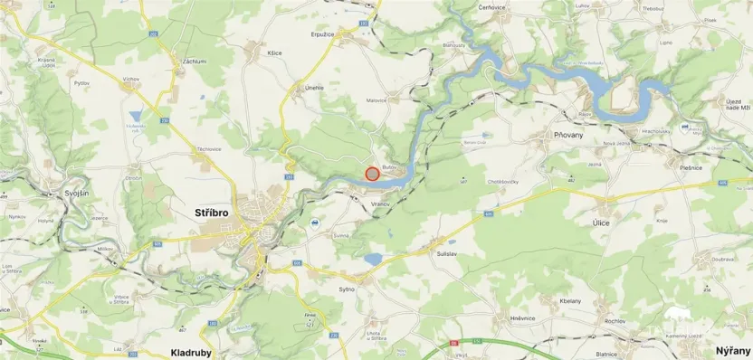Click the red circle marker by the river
[x=371, y=173]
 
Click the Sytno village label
[x=348, y=289]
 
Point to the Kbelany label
[x=570, y=300]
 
